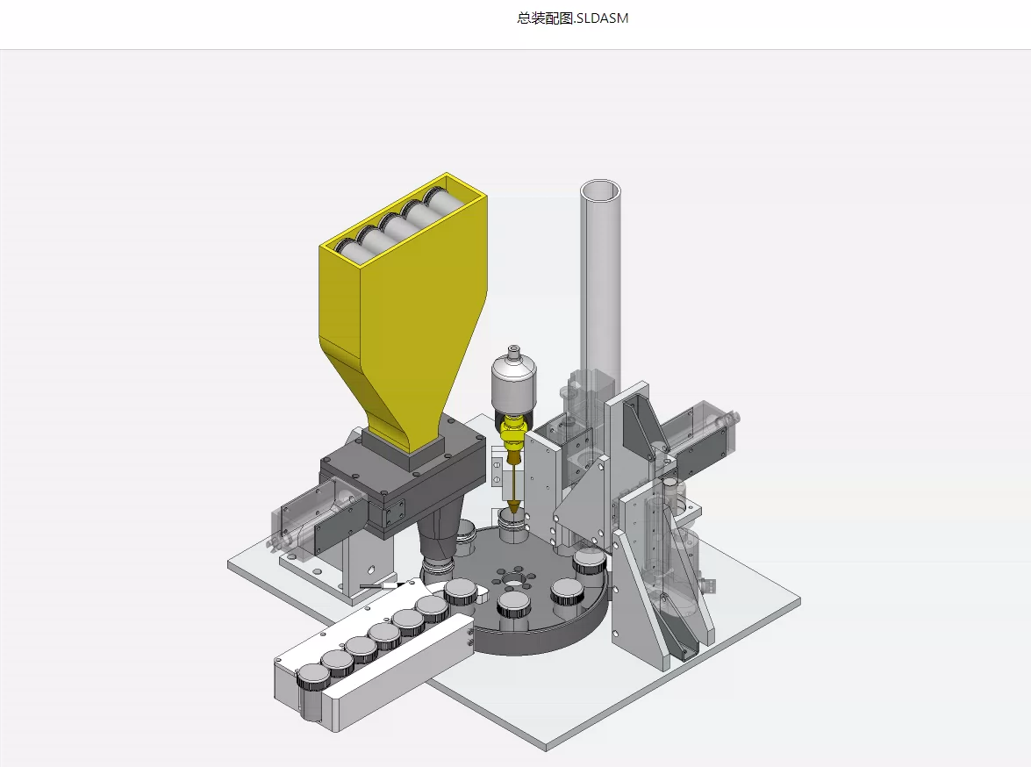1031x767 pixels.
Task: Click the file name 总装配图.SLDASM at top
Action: coord(573,18)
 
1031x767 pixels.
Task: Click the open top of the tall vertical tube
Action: coord(600,190)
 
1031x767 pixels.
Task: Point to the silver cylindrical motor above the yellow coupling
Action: coord(513,384)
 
